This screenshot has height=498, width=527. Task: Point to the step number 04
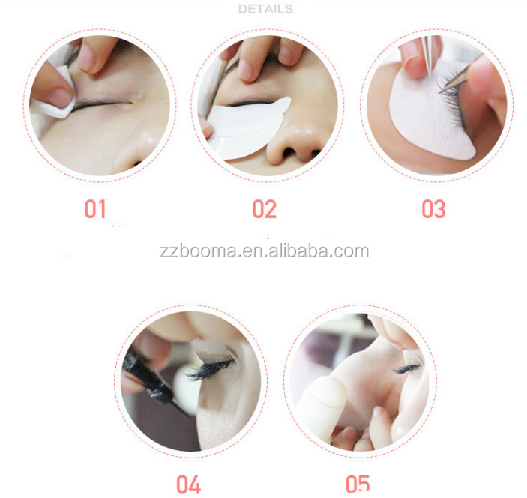[188, 484]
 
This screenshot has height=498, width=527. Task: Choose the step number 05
[358, 484]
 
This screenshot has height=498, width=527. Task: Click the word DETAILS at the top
[265, 9]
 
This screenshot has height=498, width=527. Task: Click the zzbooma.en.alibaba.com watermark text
[264, 250]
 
